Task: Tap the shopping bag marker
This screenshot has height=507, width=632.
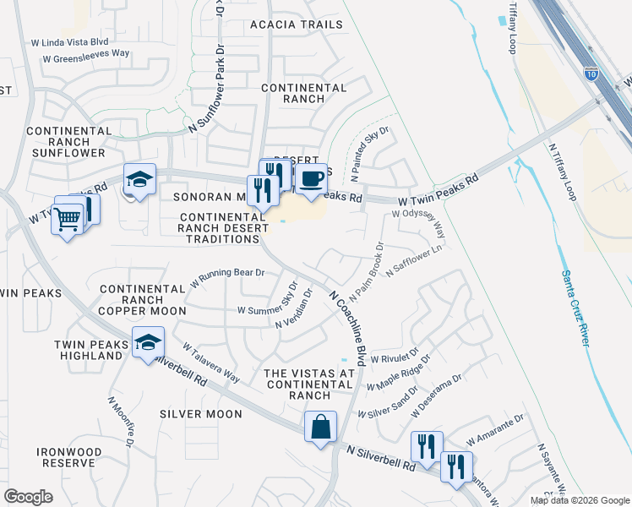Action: point(321,427)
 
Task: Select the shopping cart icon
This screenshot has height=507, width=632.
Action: point(68,221)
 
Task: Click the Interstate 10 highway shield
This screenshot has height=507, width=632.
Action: point(591,74)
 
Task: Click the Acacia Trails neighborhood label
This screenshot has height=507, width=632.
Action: point(297,25)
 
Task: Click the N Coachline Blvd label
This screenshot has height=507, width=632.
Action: point(347,327)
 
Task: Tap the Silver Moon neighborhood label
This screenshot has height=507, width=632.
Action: point(201,414)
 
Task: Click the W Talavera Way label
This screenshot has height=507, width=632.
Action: point(210,362)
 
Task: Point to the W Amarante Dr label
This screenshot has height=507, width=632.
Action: point(495,429)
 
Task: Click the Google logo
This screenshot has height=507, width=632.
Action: point(28,497)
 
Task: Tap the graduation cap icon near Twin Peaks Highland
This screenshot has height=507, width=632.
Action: point(148,343)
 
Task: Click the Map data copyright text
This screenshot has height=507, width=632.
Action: point(580,500)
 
